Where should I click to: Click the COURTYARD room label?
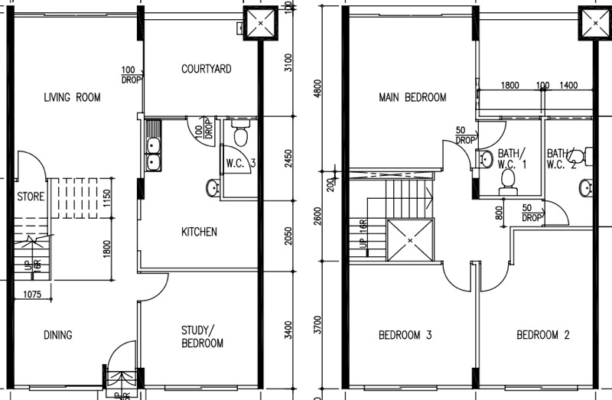tap(206, 69)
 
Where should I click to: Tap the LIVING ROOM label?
tap(72, 97)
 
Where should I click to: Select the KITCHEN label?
tap(199, 232)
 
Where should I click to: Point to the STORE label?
tap(31, 197)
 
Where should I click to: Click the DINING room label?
tap(58, 335)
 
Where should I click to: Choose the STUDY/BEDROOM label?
tap(202, 337)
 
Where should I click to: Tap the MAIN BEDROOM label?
tap(412, 97)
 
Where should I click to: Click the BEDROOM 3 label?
tap(405, 335)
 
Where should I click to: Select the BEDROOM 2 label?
tap(543, 335)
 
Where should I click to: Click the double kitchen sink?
tap(153, 146)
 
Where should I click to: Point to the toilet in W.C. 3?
tap(241, 132)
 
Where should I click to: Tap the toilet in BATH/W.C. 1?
tap(508, 182)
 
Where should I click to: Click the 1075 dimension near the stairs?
tap(32, 294)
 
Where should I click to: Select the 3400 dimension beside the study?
tap(288, 330)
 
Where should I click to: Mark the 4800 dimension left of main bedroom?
tap(317, 89)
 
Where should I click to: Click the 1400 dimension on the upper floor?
tap(568, 85)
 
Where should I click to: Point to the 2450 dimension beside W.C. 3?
tap(288, 158)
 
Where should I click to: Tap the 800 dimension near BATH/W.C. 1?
tap(499, 213)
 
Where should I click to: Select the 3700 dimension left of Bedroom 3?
tap(317, 325)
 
